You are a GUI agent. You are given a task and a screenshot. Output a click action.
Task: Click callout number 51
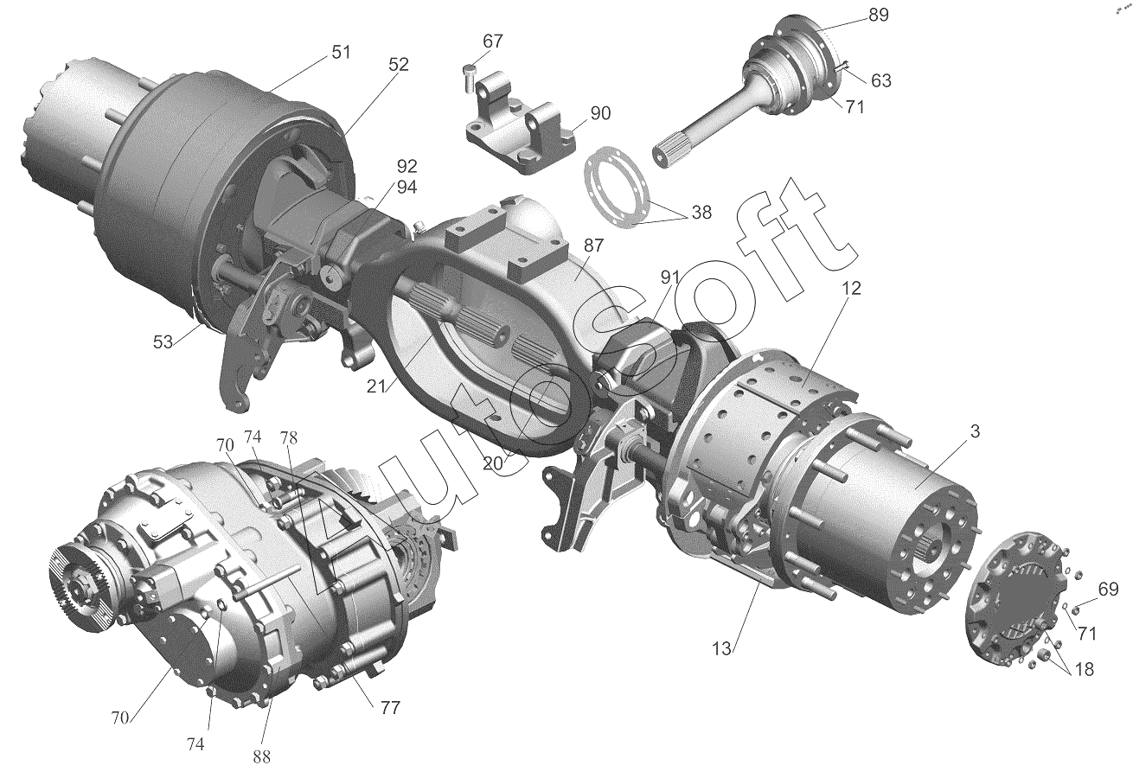click(341, 53)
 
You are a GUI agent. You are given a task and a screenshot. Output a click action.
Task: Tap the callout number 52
click(398, 65)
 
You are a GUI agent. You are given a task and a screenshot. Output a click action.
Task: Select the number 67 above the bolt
click(493, 41)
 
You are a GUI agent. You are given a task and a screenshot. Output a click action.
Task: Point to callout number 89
click(879, 16)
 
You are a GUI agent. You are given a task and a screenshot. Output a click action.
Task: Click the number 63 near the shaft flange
click(880, 80)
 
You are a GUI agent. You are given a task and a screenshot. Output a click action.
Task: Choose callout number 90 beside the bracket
click(600, 113)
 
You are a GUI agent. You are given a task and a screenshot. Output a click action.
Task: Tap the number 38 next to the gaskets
click(701, 213)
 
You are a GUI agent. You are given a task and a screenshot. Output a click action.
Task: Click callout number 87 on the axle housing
click(592, 246)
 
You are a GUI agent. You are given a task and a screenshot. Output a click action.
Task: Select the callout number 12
click(851, 289)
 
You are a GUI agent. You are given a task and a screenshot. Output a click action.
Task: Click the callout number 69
click(1108, 589)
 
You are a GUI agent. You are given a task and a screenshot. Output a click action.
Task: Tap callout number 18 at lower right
click(1083, 669)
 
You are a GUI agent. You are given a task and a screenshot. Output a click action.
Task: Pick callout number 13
click(722, 649)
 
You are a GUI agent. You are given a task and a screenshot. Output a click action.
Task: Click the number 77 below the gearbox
click(390, 708)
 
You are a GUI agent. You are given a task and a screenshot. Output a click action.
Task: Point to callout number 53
click(163, 342)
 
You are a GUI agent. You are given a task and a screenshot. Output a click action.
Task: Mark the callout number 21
click(377, 386)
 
